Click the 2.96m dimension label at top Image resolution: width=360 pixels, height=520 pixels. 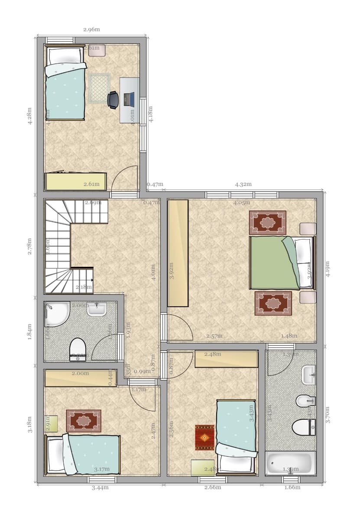91,29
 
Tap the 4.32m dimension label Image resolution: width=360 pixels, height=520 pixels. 243,184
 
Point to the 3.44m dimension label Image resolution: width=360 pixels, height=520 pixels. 100,487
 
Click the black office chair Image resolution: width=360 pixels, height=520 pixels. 113,99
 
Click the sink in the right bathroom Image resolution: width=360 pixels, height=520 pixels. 308,374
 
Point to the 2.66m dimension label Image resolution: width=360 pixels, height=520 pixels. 212,487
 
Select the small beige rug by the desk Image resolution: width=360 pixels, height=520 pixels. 99,88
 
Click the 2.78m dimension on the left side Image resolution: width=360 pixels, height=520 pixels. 29,246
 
